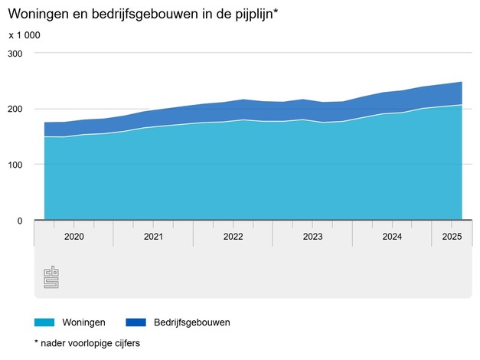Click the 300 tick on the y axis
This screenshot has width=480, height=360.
[x=15, y=54]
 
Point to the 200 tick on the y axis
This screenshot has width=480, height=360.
[x=15, y=109]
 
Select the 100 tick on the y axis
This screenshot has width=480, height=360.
[x=15, y=165]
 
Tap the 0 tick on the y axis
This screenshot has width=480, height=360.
[x=20, y=221]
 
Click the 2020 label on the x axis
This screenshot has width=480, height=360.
[x=73, y=237]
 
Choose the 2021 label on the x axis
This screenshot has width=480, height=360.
[x=153, y=237]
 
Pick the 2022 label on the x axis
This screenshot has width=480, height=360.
[x=233, y=237]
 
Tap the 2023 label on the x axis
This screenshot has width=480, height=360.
[x=312, y=237]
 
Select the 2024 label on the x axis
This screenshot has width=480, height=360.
[x=392, y=237]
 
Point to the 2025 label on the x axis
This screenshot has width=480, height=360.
[x=452, y=237]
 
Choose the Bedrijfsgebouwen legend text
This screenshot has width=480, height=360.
[x=191, y=322]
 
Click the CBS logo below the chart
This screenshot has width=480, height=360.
[x=51, y=277]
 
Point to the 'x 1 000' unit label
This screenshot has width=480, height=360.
[x=24, y=35]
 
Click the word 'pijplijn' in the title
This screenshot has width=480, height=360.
[x=248, y=15]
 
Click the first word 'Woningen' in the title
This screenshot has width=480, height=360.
[x=33, y=15]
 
